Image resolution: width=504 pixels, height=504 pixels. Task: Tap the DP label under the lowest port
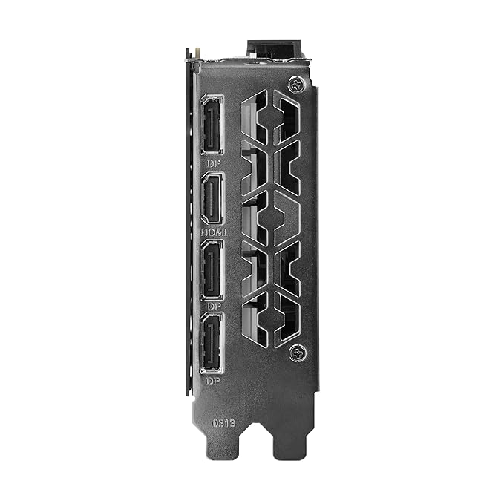(212, 380)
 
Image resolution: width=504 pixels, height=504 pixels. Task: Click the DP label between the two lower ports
(212, 305)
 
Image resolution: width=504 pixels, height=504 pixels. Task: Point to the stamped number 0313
(223, 422)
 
